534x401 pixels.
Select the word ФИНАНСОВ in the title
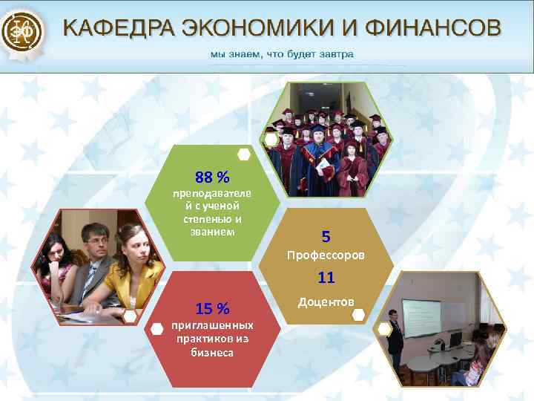click(444, 29)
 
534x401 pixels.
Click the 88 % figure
click(212, 177)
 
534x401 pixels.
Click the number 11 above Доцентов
click(326, 278)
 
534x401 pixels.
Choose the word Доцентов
click(326, 301)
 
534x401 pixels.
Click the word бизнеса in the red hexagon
click(212, 353)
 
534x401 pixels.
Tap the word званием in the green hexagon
click(212, 232)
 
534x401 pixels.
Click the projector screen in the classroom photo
click(422, 319)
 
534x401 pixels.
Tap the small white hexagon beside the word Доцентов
click(358, 315)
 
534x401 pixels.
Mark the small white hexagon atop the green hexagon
click(243, 154)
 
